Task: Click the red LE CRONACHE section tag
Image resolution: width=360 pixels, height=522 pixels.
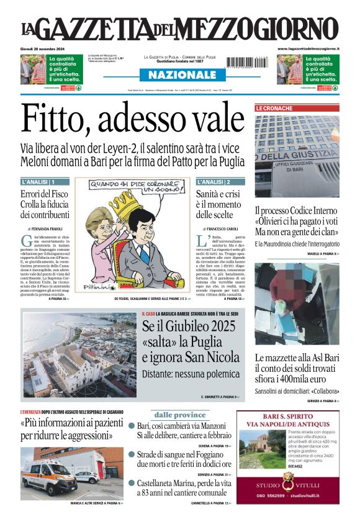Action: point(274,109)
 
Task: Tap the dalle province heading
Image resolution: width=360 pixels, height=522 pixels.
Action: point(180,415)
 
